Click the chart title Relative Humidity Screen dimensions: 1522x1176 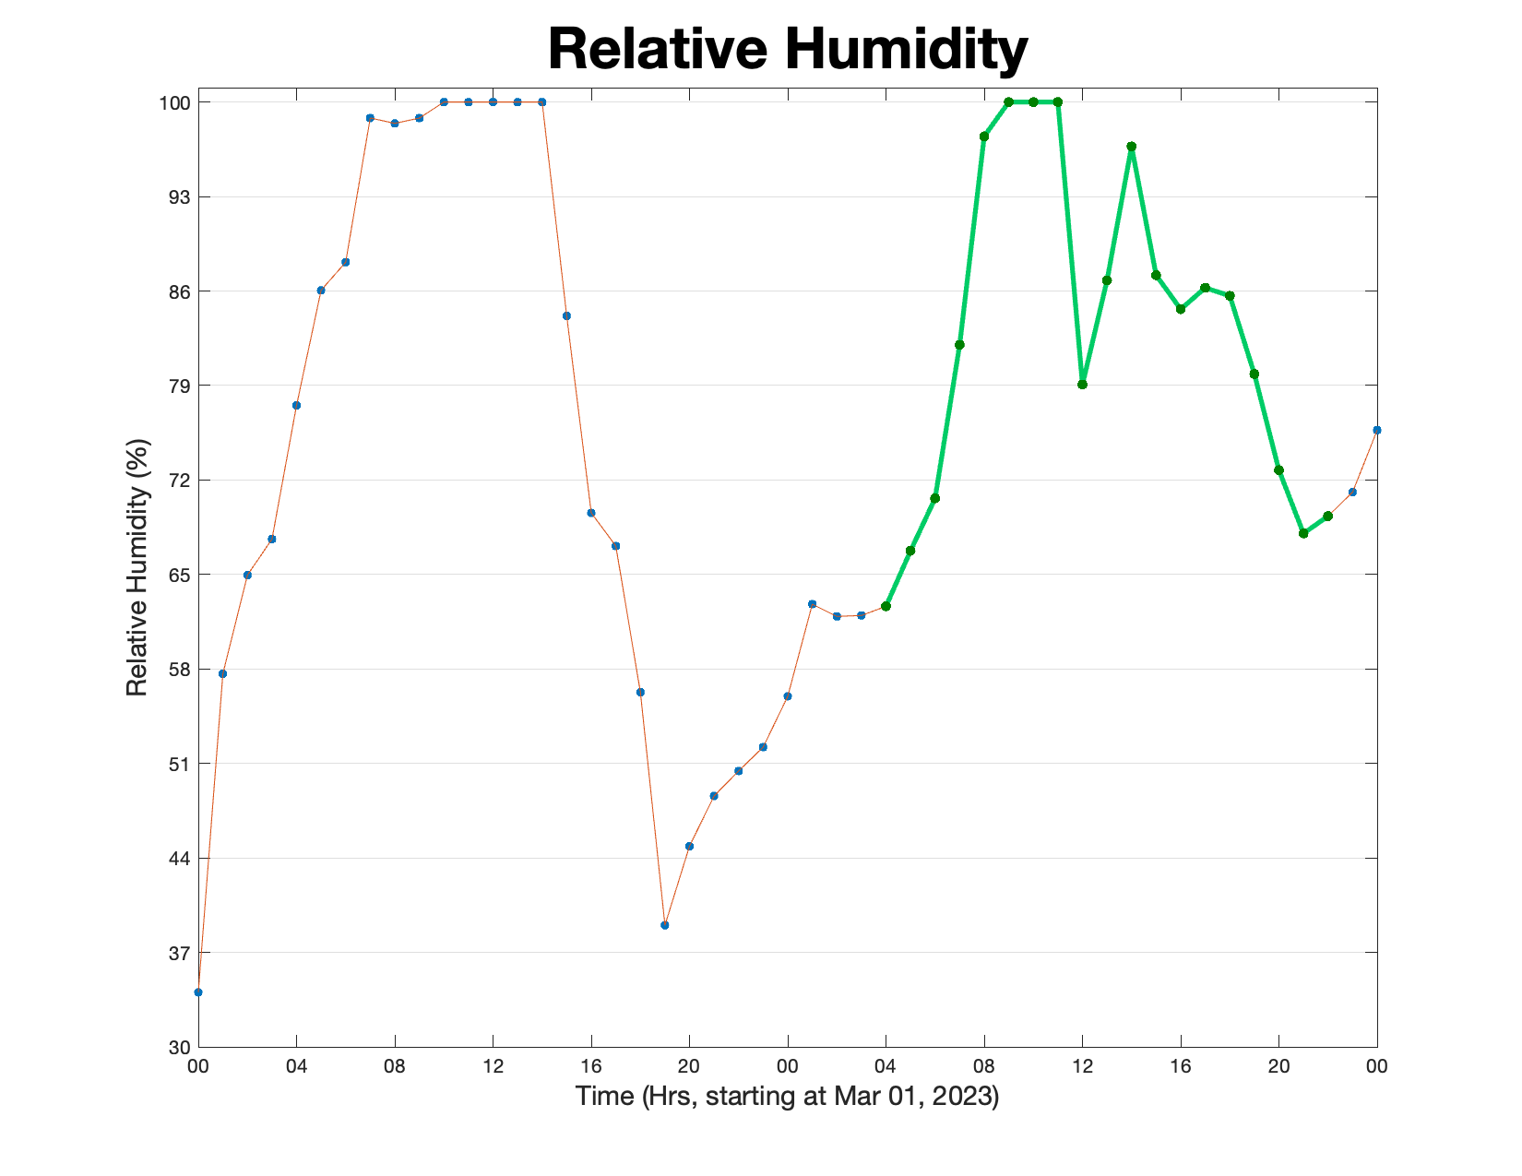point(787,49)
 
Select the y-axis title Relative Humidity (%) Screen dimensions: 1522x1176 point(137,567)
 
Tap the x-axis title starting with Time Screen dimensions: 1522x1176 point(787,1096)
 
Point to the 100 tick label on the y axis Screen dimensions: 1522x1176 point(175,103)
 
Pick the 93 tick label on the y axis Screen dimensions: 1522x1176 point(180,196)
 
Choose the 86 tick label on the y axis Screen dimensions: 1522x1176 point(180,291)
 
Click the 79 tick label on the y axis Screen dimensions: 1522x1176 point(180,386)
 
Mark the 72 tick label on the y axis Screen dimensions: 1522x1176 point(180,481)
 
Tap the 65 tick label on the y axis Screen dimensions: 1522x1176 point(180,575)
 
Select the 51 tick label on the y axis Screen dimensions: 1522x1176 point(180,764)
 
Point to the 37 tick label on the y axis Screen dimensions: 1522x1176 point(180,954)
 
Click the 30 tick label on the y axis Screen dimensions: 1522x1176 point(180,1048)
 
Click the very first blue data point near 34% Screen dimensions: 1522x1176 point(198,992)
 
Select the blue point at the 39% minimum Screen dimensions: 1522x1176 point(665,925)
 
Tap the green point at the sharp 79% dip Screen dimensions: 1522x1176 point(1082,385)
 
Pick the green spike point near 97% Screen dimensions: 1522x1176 point(1131,147)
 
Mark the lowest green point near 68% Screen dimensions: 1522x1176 point(1303,534)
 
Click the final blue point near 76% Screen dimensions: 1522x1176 point(1377,430)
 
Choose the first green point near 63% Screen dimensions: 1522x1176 point(886,606)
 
